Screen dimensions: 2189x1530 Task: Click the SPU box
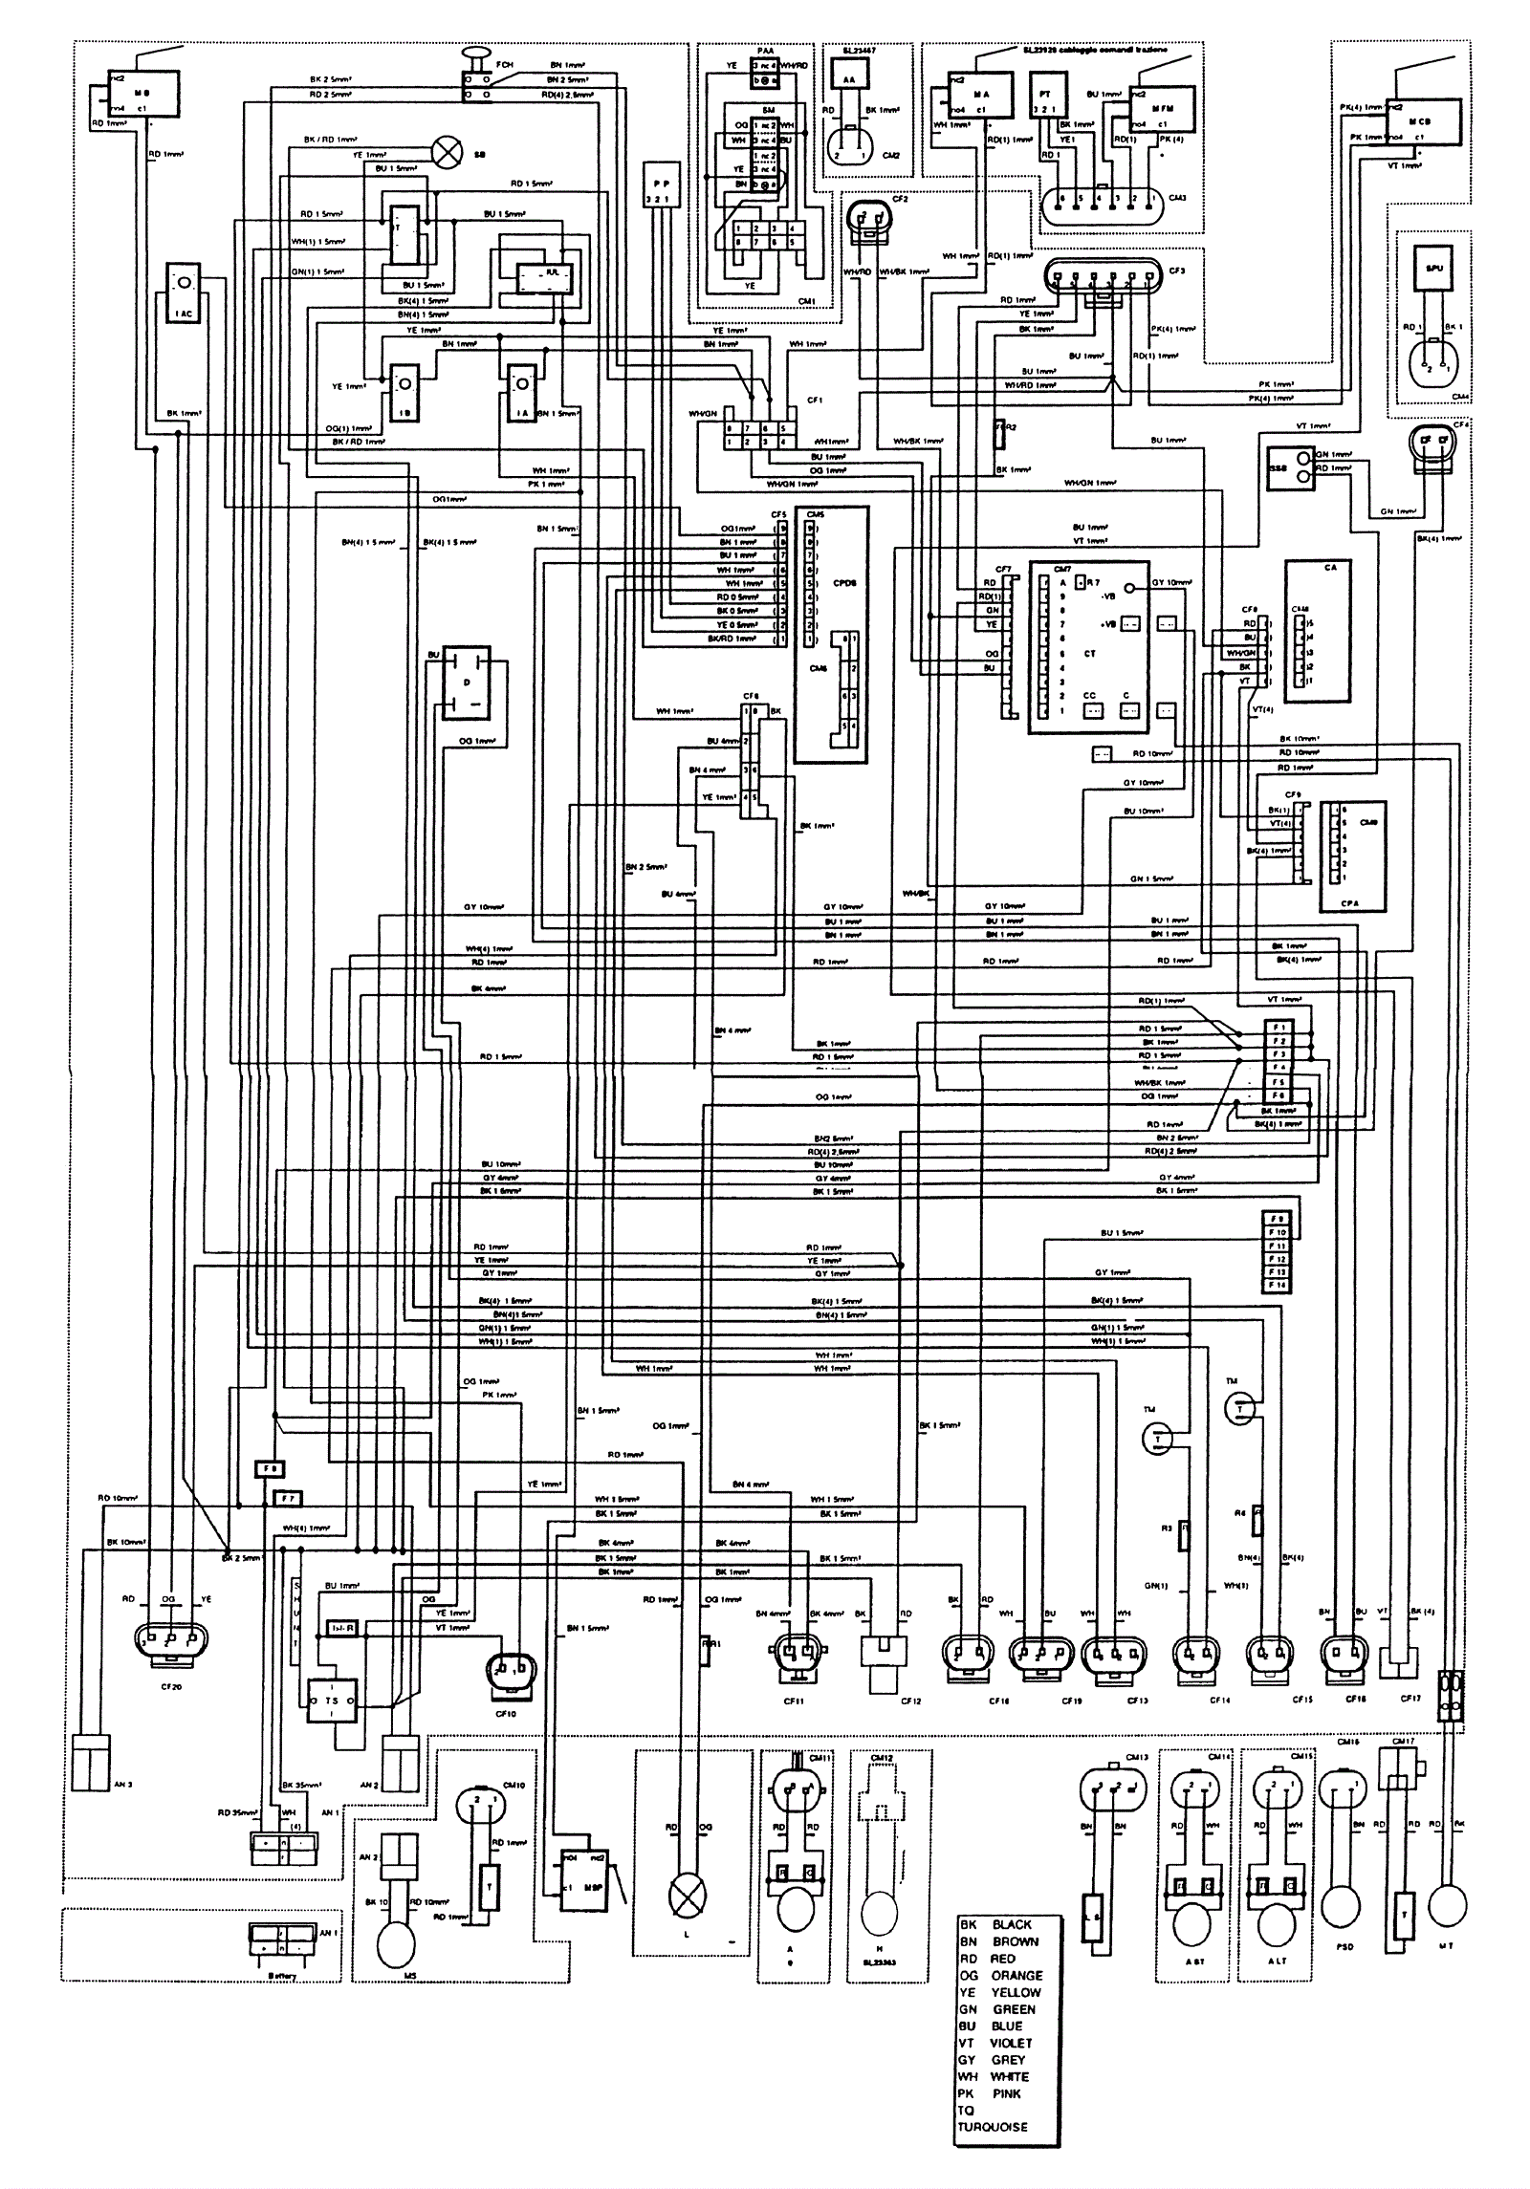(1433, 269)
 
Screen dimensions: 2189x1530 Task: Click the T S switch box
(331, 1701)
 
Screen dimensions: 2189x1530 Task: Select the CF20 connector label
(171, 1686)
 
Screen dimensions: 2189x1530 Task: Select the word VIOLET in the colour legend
(1011, 2043)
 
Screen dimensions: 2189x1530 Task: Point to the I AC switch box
(182, 292)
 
